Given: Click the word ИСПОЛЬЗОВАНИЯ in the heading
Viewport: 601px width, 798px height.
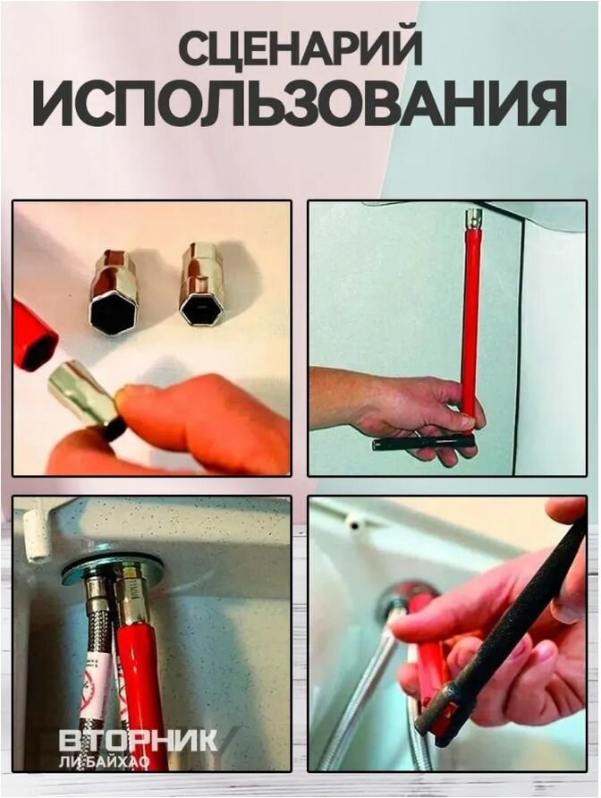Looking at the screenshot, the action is [300, 104].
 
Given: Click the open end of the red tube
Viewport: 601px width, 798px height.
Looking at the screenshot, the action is [38, 348].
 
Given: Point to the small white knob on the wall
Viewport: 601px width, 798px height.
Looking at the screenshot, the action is [354, 522].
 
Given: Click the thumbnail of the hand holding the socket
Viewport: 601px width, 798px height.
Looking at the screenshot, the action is [152, 338].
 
